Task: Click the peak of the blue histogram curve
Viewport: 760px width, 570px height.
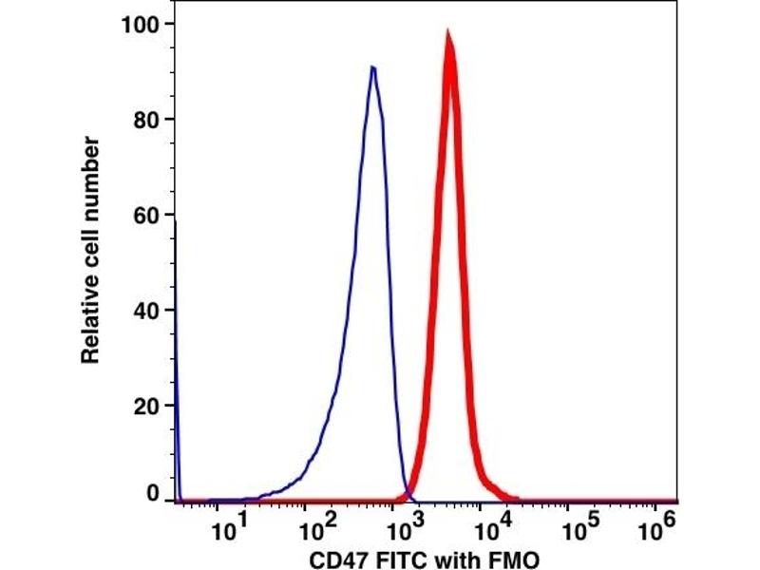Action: click(x=372, y=67)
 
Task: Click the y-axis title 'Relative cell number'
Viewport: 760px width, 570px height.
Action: click(x=91, y=250)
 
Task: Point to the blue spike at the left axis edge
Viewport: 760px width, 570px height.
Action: click(x=177, y=285)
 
